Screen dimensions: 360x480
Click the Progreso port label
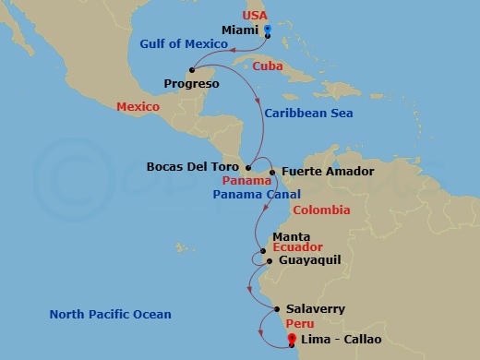point(191,84)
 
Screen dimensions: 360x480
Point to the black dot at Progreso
point(191,69)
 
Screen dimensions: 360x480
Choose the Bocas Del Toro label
point(193,167)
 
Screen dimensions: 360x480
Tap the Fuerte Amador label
point(315,172)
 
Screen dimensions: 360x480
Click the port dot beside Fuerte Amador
point(272,172)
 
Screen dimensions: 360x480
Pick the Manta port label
point(291,236)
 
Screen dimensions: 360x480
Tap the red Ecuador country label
point(297,248)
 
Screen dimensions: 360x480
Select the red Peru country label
point(299,324)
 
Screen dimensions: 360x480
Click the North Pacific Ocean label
point(110,315)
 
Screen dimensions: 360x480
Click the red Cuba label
point(268,66)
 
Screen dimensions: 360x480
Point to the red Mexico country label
point(138,107)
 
